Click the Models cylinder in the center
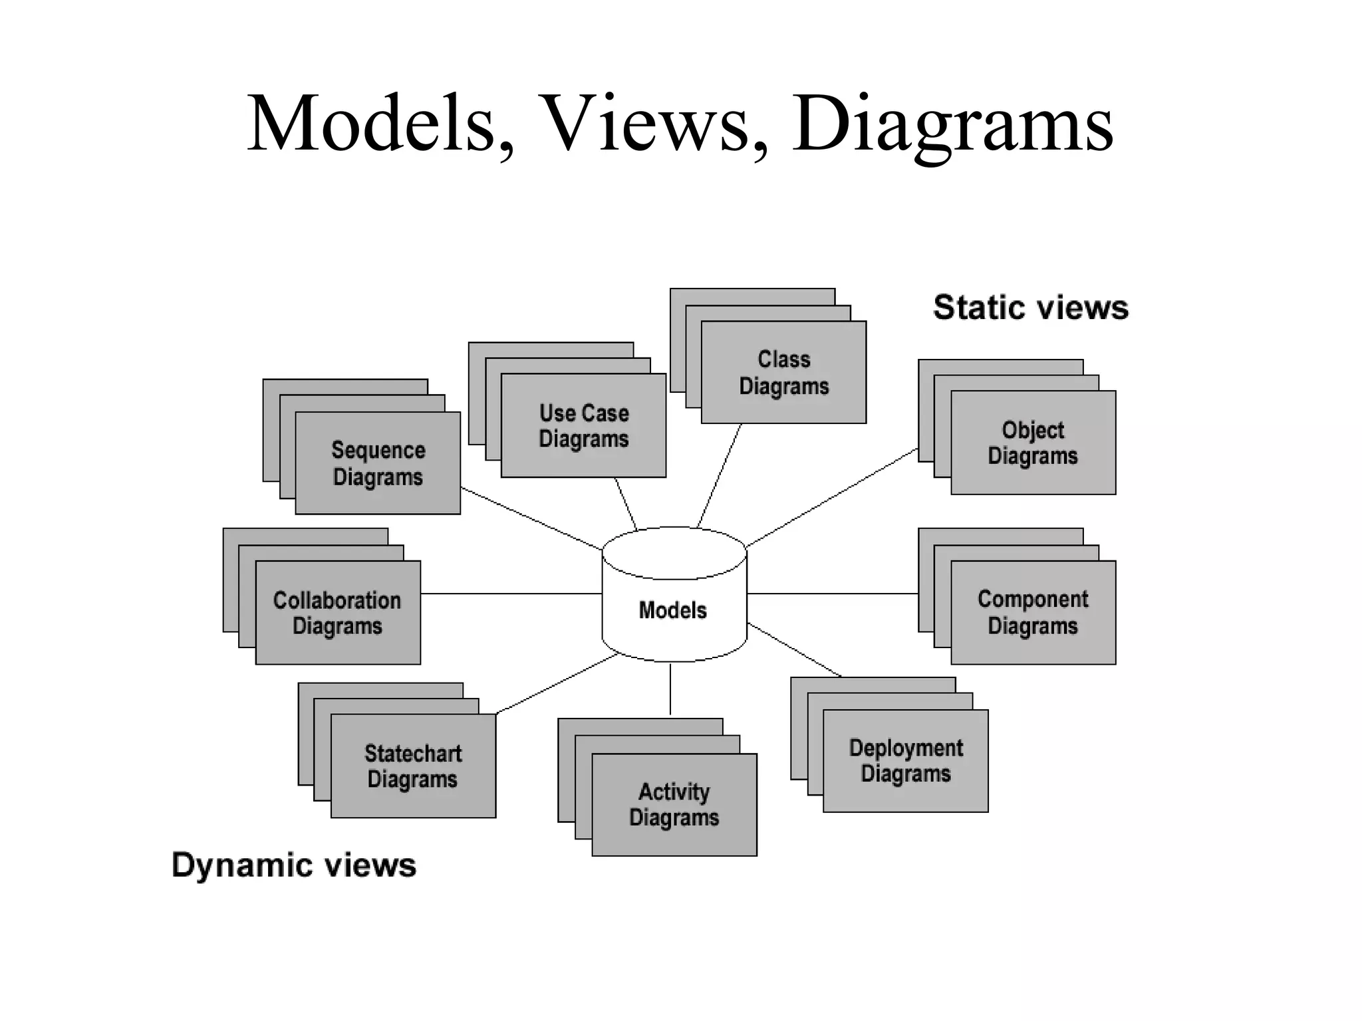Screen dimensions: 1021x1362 [x=674, y=609]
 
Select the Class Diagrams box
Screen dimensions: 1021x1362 [x=783, y=372]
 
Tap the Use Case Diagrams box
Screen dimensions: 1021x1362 [x=583, y=425]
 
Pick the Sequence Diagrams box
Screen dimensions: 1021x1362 [x=378, y=463]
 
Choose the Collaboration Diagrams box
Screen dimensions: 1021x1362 [x=338, y=613]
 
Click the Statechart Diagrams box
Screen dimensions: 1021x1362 [x=413, y=766]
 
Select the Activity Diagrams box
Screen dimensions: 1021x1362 [x=674, y=804]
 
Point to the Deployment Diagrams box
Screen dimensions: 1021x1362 [x=906, y=761]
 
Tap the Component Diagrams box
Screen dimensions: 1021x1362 [x=1033, y=612]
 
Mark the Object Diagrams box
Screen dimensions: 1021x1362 [x=1033, y=443]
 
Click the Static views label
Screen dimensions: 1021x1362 [x=1030, y=308]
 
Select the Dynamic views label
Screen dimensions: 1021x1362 [x=294, y=865]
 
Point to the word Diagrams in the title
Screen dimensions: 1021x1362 [x=952, y=124]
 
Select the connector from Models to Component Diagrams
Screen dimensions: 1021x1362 [x=833, y=594]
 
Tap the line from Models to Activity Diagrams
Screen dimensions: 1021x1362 [x=670, y=689]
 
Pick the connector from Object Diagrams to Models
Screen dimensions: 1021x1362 [x=831, y=499]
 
